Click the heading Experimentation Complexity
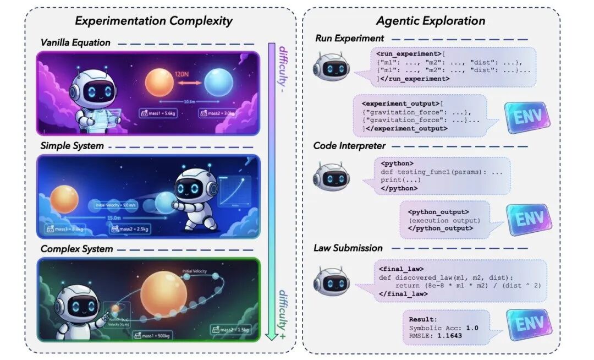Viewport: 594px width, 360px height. point(153,21)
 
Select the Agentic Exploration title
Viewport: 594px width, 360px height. point(431,21)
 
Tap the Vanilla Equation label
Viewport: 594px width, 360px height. point(75,43)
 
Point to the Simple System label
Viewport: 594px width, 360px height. point(71,146)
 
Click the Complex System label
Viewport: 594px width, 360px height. point(76,249)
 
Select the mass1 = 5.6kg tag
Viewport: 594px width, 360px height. point(159,114)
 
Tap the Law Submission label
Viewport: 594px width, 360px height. point(348,248)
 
